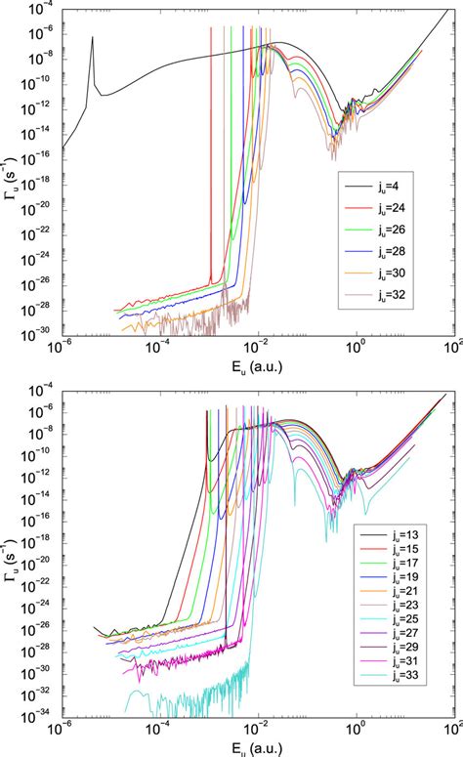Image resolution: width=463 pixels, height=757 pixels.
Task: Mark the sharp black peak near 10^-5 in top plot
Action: [x=92, y=38]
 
